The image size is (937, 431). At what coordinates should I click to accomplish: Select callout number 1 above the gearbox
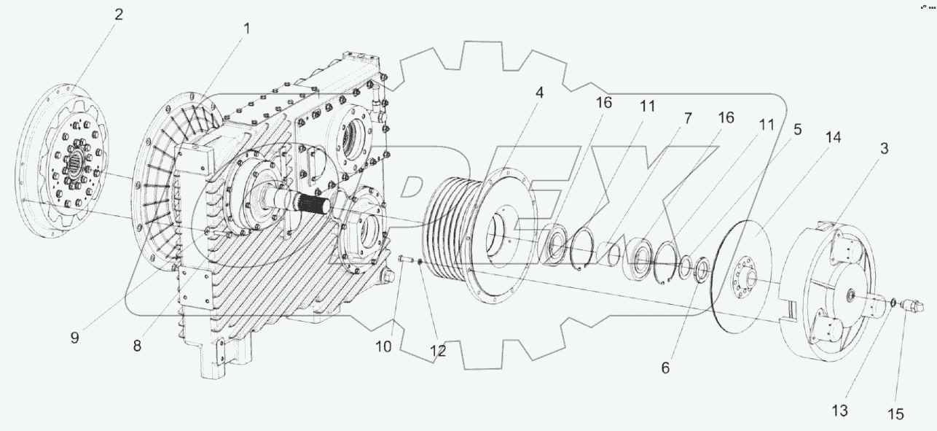246,29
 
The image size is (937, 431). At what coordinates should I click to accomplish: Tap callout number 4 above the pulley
538,93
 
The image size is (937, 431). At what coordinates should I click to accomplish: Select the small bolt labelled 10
407,257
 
